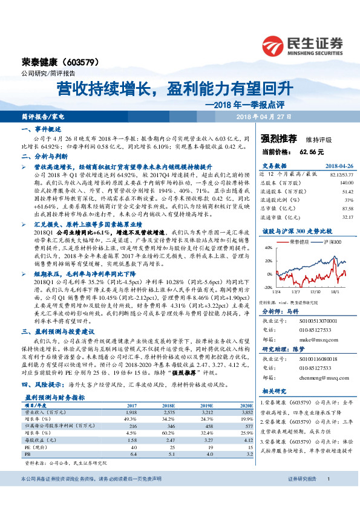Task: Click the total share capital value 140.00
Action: tap(329, 182)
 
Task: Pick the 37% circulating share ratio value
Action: tap(332, 199)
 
